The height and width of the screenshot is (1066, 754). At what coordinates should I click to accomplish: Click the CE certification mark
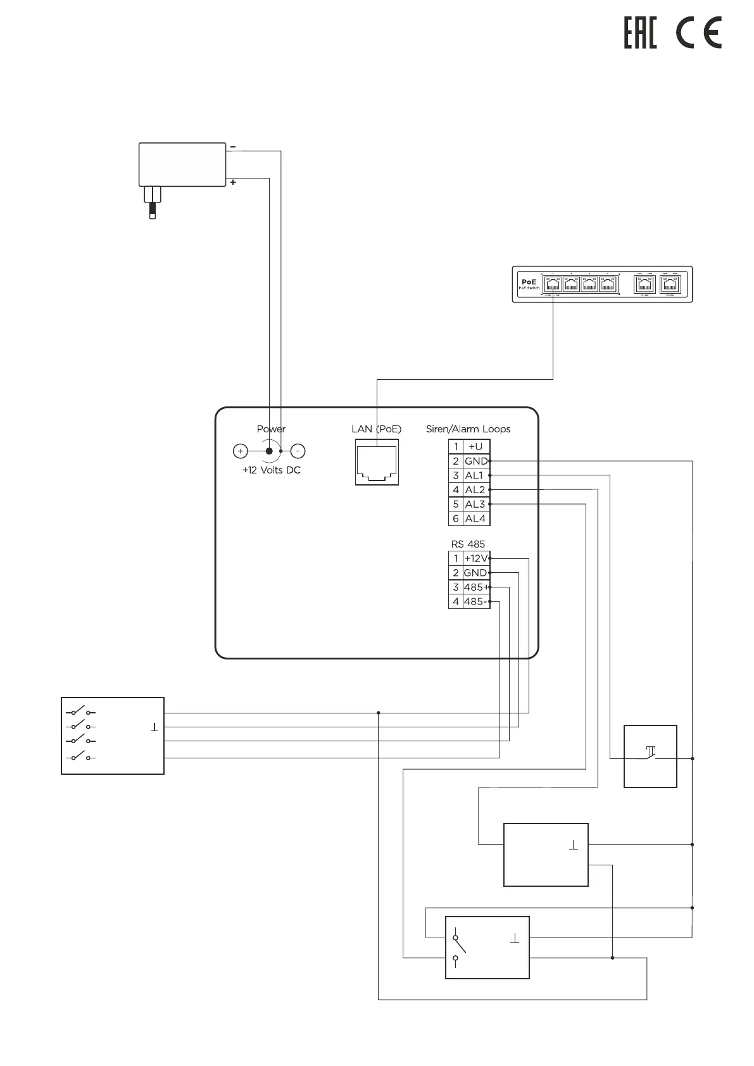pos(698,34)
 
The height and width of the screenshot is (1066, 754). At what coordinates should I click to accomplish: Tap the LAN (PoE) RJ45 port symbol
pos(377,465)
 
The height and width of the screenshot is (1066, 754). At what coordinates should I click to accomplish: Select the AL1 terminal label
pos(474,475)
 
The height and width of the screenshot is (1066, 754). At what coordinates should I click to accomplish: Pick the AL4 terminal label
pos(475,518)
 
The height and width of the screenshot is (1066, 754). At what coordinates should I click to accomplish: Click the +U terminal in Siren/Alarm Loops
pos(475,446)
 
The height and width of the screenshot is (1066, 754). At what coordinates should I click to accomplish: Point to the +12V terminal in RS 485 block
pos(476,558)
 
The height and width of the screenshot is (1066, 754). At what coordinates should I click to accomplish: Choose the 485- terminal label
pos(475,601)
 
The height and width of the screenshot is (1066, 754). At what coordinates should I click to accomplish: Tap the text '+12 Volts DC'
pos(271,470)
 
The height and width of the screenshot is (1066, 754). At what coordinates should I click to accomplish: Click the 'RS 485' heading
pos(468,544)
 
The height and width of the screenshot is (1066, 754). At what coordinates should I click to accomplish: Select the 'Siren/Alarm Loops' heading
pos(468,429)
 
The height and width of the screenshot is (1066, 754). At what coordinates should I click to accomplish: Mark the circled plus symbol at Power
pos(241,451)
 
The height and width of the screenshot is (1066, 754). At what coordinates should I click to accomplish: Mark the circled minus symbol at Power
pos(298,451)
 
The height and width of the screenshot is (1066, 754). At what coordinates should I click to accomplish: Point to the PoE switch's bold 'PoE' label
pos(529,282)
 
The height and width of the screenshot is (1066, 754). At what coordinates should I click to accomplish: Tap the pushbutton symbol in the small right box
pos(650,753)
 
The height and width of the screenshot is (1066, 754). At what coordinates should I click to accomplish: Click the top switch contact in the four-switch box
pos(80,711)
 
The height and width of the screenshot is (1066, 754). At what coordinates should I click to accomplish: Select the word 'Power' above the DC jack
pos(271,429)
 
